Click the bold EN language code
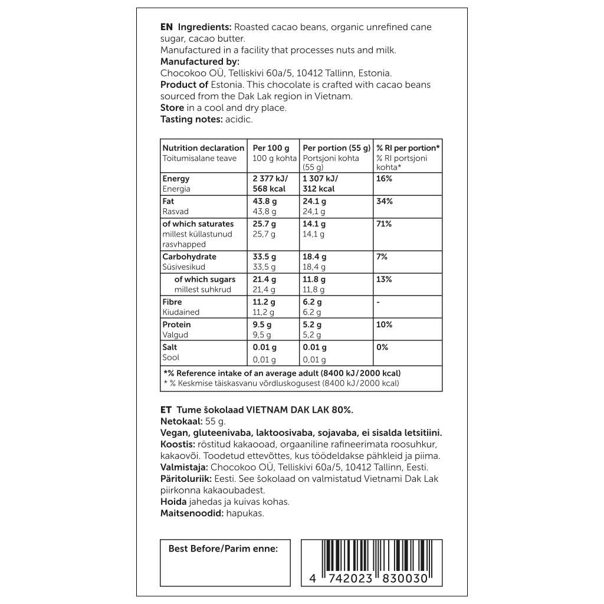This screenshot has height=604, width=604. pyautogui.click(x=166, y=27)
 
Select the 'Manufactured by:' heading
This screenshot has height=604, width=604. pyautogui.click(x=199, y=61)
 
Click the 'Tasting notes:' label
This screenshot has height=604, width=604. pyautogui.click(x=191, y=119)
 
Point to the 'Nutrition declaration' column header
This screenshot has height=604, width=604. pyautogui.click(x=203, y=148)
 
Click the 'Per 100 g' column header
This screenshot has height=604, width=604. pyautogui.click(x=271, y=148)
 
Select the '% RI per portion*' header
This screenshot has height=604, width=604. pyautogui.click(x=408, y=148)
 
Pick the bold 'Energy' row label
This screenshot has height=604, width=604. pyautogui.click(x=176, y=179)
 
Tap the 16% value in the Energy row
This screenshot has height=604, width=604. pyautogui.click(x=384, y=179)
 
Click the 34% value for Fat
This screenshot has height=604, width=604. pyautogui.click(x=384, y=201)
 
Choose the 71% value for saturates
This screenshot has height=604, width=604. pyautogui.click(x=384, y=224)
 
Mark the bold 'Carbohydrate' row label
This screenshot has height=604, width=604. pyautogui.click(x=189, y=257)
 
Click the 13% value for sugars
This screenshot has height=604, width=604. pyautogui.click(x=384, y=280)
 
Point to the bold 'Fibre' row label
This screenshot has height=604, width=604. pyautogui.click(x=172, y=302)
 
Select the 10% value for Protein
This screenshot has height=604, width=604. pyautogui.click(x=384, y=325)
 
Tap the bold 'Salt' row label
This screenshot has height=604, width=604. pyautogui.click(x=170, y=347)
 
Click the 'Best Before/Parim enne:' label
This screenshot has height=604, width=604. pyautogui.click(x=223, y=549)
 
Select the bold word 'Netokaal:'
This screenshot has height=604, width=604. pyautogui.click(x=181, y=422)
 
